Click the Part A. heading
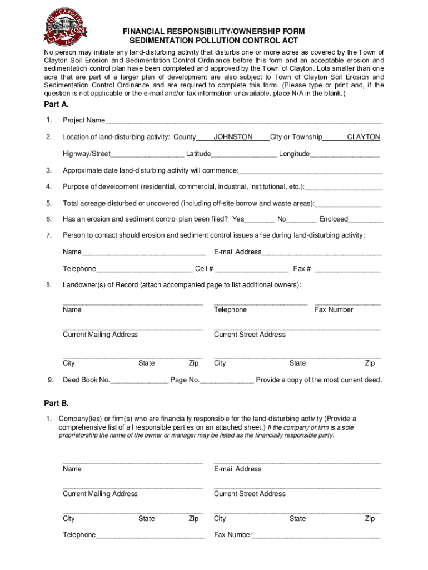56,104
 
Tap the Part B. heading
56,402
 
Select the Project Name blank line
243,121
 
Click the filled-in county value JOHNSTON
233,137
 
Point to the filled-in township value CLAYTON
363,137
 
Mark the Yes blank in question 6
260,219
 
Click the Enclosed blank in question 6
366,219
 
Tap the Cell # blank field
251,269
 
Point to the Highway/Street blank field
147,154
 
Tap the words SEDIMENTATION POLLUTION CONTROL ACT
214,41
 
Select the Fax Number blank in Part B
316,535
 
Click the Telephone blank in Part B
150,535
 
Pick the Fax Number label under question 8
334,309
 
